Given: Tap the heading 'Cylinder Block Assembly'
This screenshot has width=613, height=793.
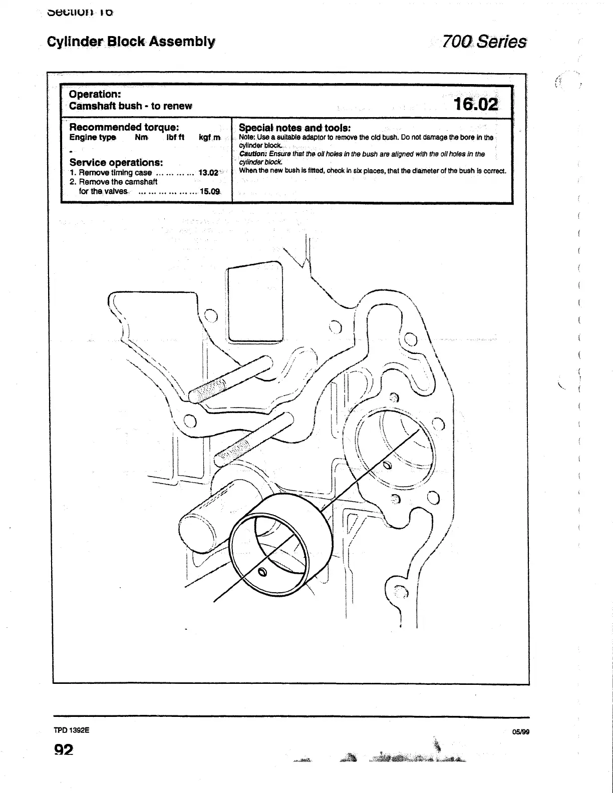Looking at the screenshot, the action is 131,42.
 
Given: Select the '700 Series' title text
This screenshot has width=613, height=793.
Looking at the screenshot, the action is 483,41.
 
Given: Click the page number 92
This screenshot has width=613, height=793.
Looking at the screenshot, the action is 64,749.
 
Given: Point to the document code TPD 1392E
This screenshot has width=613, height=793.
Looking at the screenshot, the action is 72,730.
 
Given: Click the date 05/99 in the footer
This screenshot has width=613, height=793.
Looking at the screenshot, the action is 521,732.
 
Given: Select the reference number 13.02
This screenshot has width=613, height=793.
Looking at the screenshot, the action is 208,173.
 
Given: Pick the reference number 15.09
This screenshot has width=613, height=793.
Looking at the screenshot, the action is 209,191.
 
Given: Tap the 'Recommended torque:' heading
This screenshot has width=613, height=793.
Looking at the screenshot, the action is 124,127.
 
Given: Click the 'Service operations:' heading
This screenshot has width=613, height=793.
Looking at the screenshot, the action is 116,162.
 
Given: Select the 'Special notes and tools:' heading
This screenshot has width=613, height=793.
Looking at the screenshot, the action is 294,128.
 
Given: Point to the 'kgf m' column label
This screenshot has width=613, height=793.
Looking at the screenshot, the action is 209,137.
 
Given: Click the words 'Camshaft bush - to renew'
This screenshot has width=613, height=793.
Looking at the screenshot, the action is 131,106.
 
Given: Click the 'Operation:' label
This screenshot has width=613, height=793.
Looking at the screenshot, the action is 95,94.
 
